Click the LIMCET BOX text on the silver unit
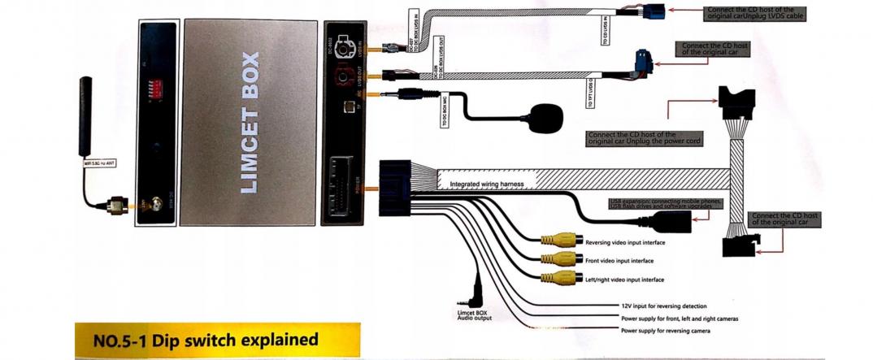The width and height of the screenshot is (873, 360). click(x=250, y=123)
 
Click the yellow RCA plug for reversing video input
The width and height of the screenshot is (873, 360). click(x=557, y=241)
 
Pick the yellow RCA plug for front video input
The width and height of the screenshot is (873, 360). click(x=557, y=260)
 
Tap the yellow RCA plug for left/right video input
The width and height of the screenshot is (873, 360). click(x=557, y=278)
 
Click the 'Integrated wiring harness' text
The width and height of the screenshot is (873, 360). click(x=487, y=184)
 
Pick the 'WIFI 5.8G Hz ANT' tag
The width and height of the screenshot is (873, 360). click(x=100, y=163)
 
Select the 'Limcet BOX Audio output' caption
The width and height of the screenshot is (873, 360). click(x=476, y=314)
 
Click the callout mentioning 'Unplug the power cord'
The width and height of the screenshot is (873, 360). click(x=642, y=137)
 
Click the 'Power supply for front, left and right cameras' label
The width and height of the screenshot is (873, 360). click(x=679, y=319)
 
